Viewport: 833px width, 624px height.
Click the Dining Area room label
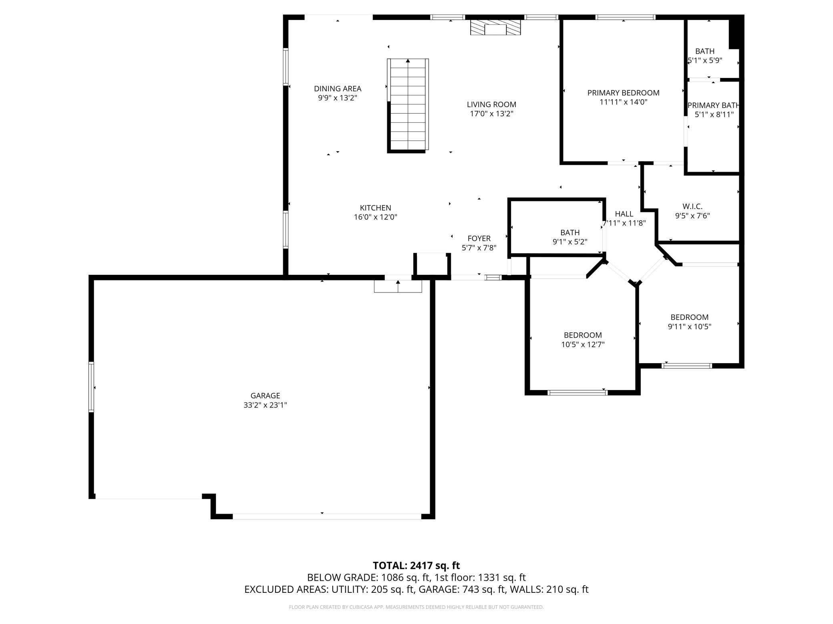(338, 89)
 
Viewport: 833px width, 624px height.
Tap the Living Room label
(491, 105)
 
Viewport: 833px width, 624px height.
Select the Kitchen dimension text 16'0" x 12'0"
(375, 217)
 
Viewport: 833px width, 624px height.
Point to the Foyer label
(479, 239)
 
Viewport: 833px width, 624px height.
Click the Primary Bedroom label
(623, 93)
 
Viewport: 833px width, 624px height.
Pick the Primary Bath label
(713, 106)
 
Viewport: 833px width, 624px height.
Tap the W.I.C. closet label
(692, 206)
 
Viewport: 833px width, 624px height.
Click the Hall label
(624, 214)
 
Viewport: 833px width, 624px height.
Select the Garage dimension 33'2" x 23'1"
(265, 405)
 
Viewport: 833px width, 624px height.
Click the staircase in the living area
(408, 106)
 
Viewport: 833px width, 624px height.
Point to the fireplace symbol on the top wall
(495, 28)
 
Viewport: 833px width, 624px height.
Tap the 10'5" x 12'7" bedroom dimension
(583, 344)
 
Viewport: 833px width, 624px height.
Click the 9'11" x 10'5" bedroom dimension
(690, 326)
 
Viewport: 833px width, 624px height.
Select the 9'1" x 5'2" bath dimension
(570, 242)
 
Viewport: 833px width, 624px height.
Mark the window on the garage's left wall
(91, 387)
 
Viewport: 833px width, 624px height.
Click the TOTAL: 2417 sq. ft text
(416, 566)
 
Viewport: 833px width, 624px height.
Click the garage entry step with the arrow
(398, 286)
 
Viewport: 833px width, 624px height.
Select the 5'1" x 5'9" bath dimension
(705, 61)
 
